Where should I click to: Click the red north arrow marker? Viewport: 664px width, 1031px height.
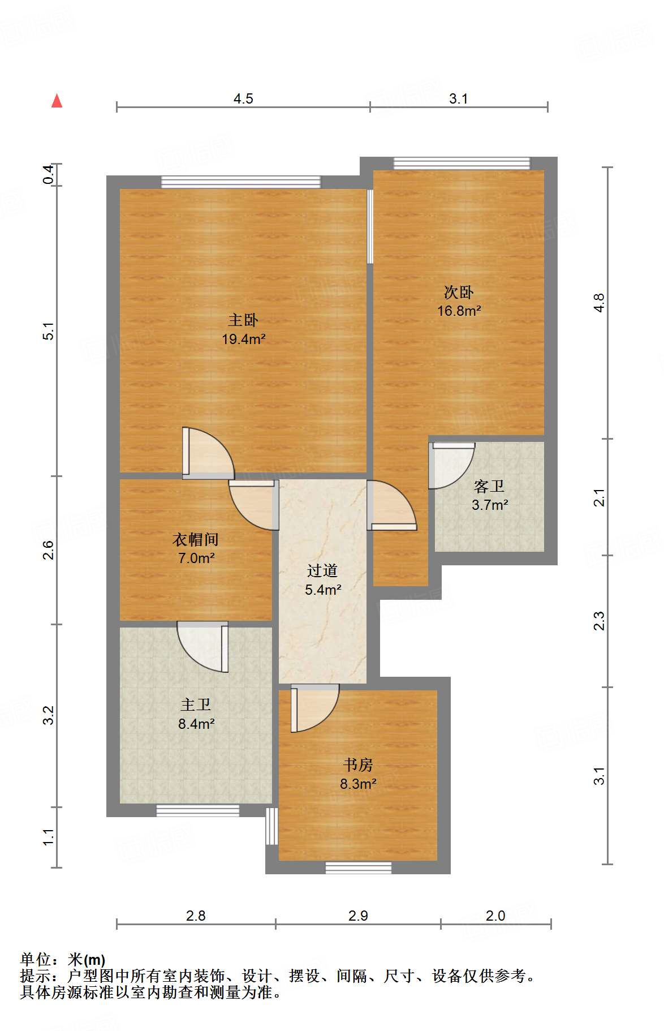click(x=57, y=101)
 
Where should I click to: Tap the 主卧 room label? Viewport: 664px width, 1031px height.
click(x=243, y=320)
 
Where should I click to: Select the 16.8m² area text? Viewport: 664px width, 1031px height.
click(x=459, y=311)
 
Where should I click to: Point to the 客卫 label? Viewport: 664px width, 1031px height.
click(x=489, y=486)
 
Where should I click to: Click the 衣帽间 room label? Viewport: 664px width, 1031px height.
click(x=196, y=539)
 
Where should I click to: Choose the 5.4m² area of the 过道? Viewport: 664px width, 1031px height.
click(x=323, y=590)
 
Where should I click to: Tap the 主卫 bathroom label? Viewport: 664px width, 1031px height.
click(x=196, y=704)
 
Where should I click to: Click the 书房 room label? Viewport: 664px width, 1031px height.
click(x=358, y=765)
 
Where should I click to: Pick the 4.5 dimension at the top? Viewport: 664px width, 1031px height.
click(x=243, y=98)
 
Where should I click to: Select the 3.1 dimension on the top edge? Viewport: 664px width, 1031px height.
click(x=459, y=98)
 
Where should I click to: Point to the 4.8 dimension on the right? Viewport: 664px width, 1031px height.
click(x=599, y=303)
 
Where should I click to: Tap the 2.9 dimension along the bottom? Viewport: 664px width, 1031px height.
click(x=358, y=916)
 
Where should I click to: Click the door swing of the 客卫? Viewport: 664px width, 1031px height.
click(x=451, y=465)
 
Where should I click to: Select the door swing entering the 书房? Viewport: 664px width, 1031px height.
click(x=314, y=708)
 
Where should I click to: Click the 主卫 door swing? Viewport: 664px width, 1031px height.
click(x=202, y=647)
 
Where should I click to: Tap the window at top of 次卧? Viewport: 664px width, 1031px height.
click(x=462, y=164)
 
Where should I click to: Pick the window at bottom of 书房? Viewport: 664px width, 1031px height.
click(x=359, y=867)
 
